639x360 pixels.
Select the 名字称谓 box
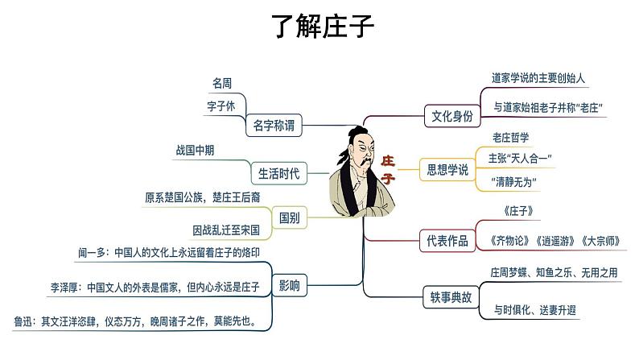(x=274, y=125)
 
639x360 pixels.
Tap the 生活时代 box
(x=278, y=172)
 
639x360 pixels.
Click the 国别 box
(x=289, y=217)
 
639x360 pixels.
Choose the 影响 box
(x=289, y=284)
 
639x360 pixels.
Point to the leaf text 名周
(x=223, y=83)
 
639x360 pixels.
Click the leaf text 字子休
(x=221, y=106)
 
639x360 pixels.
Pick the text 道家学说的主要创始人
(x=538, y=79)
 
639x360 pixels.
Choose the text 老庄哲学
(x=510, y=136)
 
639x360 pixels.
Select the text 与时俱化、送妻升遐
(x=534, y=309)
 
